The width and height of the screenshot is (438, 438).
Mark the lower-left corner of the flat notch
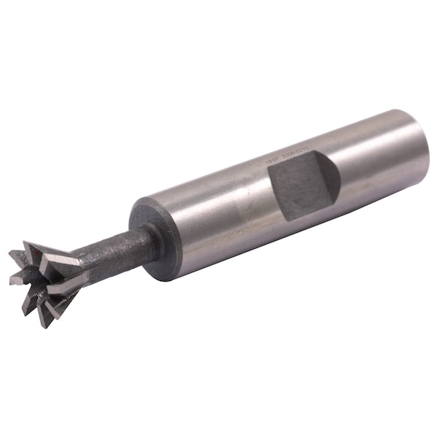pyautogui.click(x=283, y=218)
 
